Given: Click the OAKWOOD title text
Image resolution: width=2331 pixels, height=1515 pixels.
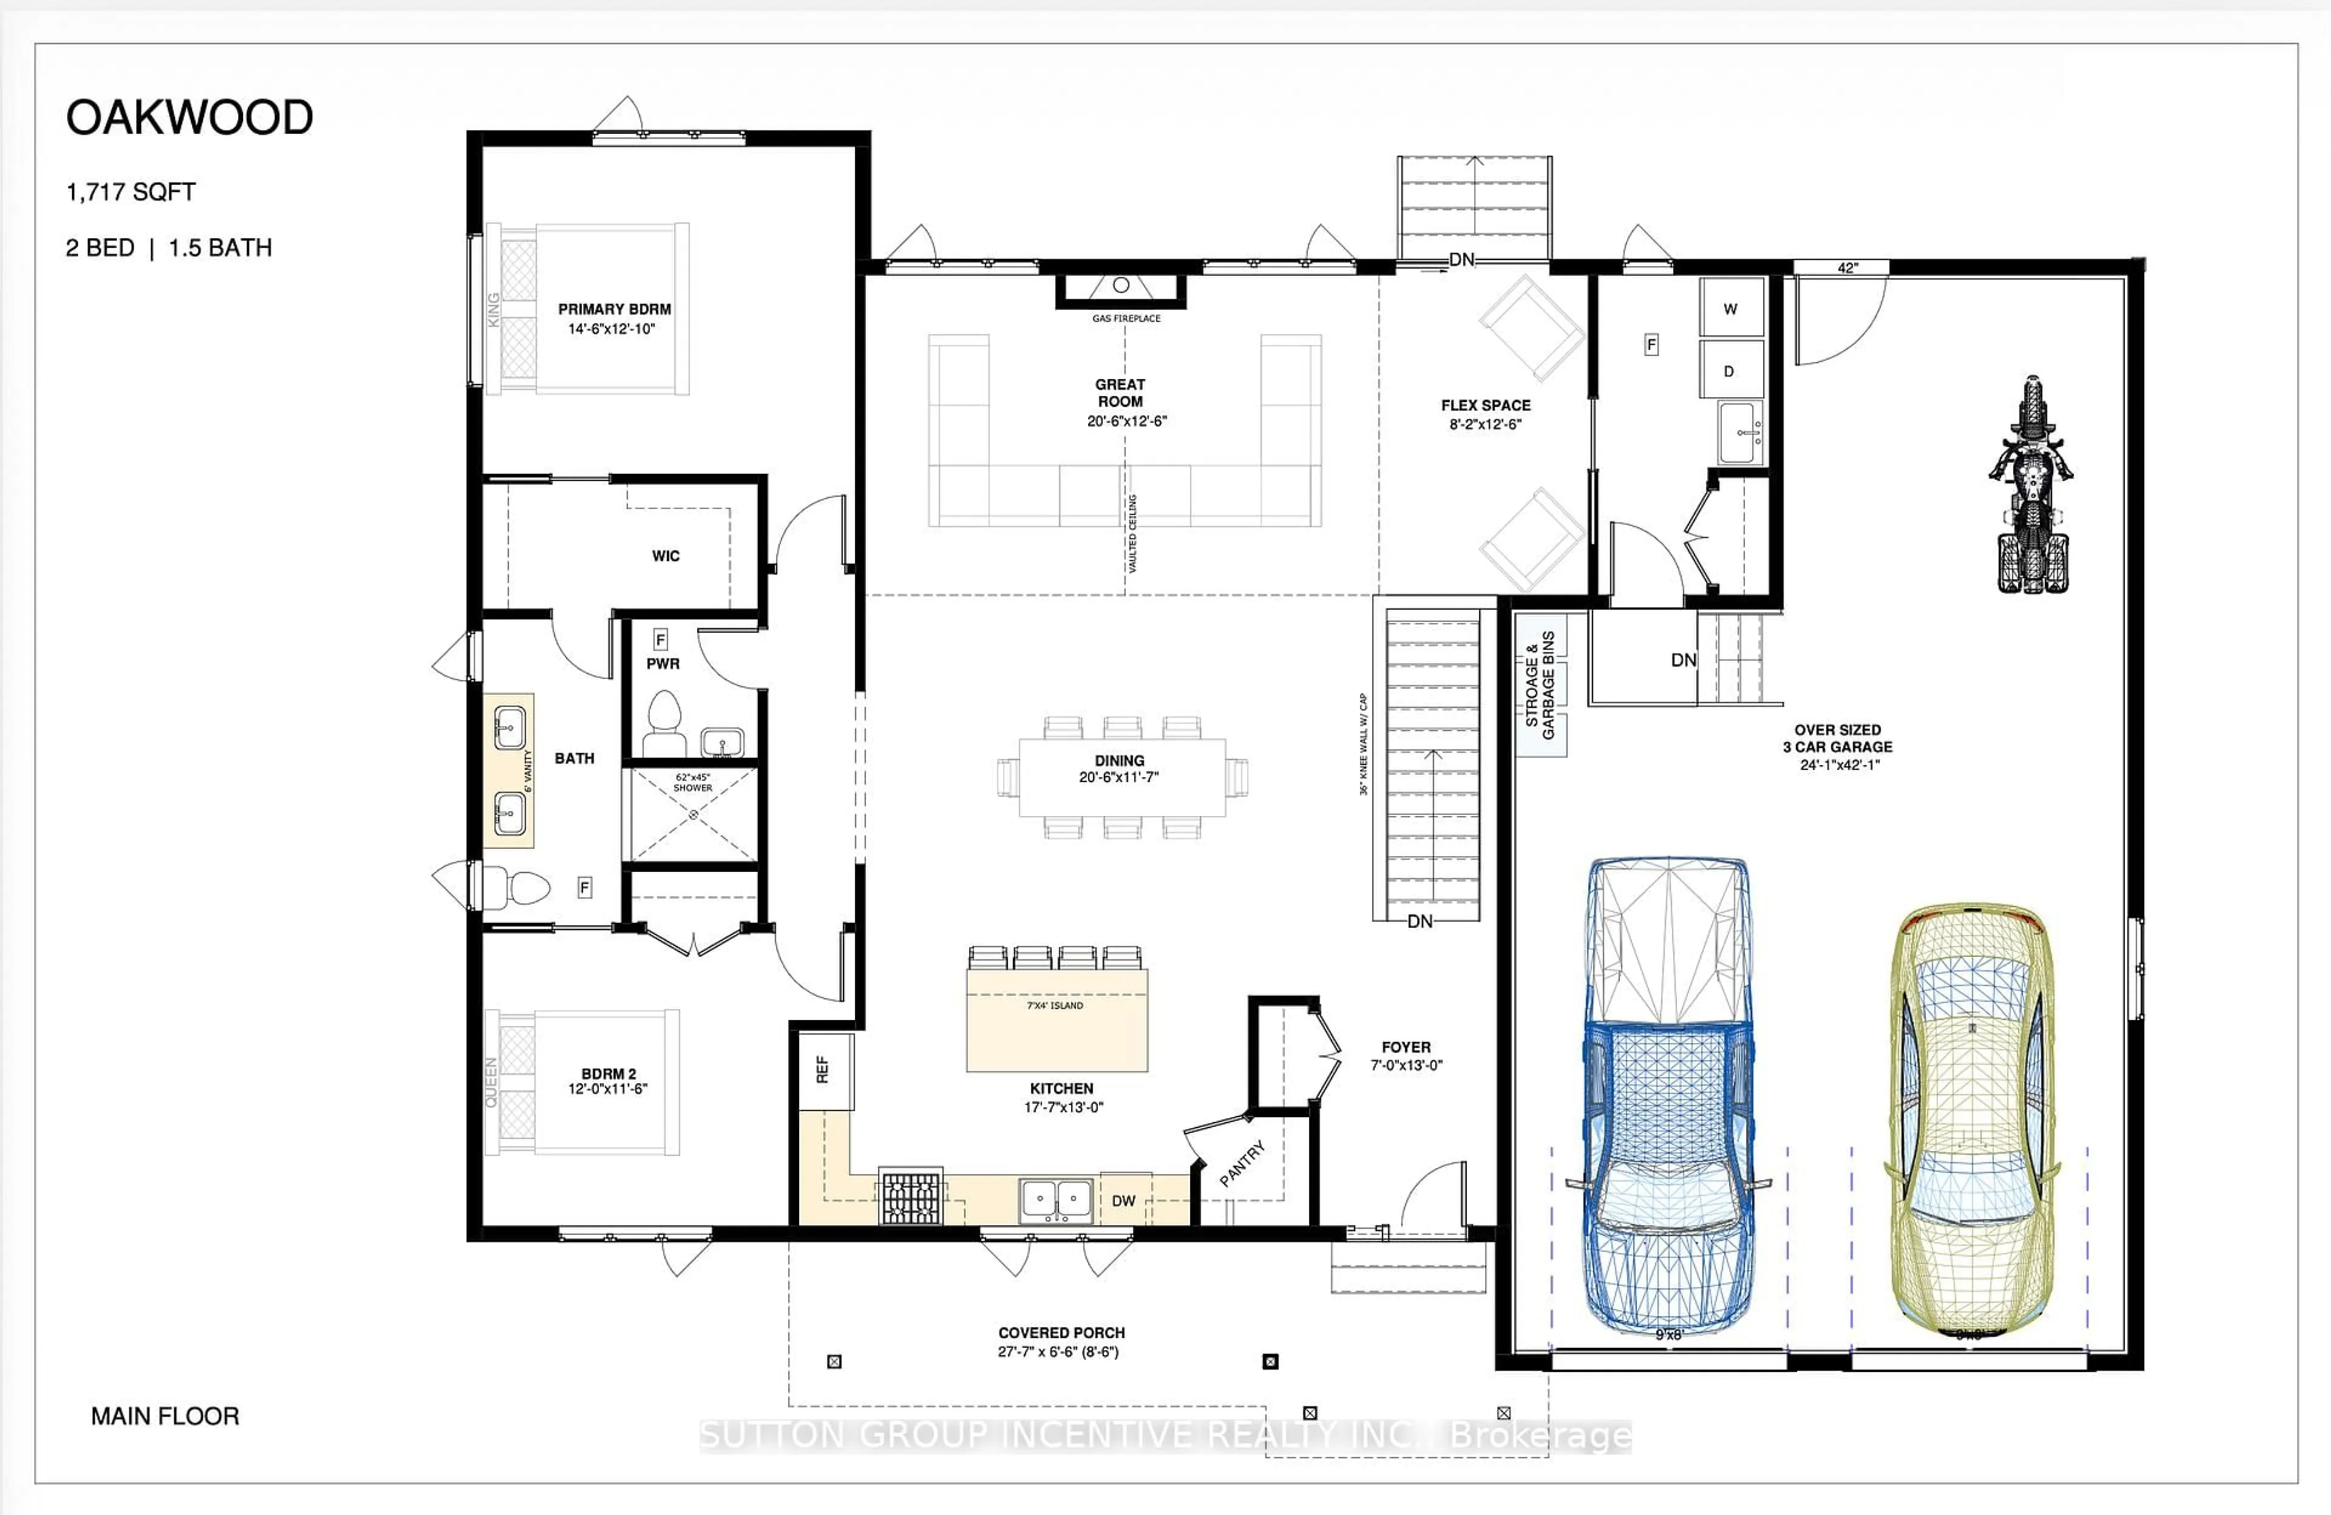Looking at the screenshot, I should (x=189, y=118).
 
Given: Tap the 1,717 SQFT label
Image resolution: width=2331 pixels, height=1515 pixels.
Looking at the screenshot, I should (x=131, y=192).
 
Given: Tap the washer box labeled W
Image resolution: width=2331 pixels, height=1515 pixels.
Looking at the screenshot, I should (x=1731, y=308).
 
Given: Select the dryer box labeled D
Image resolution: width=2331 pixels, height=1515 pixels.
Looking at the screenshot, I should (x=1729, y=370).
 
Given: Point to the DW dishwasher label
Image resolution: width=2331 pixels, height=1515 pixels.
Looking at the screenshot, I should (x=1124, y=1201).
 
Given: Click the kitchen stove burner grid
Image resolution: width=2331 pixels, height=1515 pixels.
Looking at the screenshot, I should (x=911, y=1197).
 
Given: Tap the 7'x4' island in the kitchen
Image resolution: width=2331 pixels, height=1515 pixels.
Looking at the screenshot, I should (x=1056, y=1018).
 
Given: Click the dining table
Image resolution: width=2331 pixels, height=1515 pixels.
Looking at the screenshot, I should (x=1121, y=776).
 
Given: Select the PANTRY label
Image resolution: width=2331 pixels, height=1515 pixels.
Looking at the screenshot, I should (x=1242, y=1164).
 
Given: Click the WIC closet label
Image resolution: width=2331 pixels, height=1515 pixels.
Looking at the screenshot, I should (x=665, y=555).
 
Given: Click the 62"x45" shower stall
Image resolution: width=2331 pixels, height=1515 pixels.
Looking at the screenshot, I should (x=693, y=815).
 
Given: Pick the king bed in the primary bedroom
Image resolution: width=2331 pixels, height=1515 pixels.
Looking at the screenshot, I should (x=588, y=308).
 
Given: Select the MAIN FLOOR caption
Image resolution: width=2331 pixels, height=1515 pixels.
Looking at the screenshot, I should (x=165, y=1416).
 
